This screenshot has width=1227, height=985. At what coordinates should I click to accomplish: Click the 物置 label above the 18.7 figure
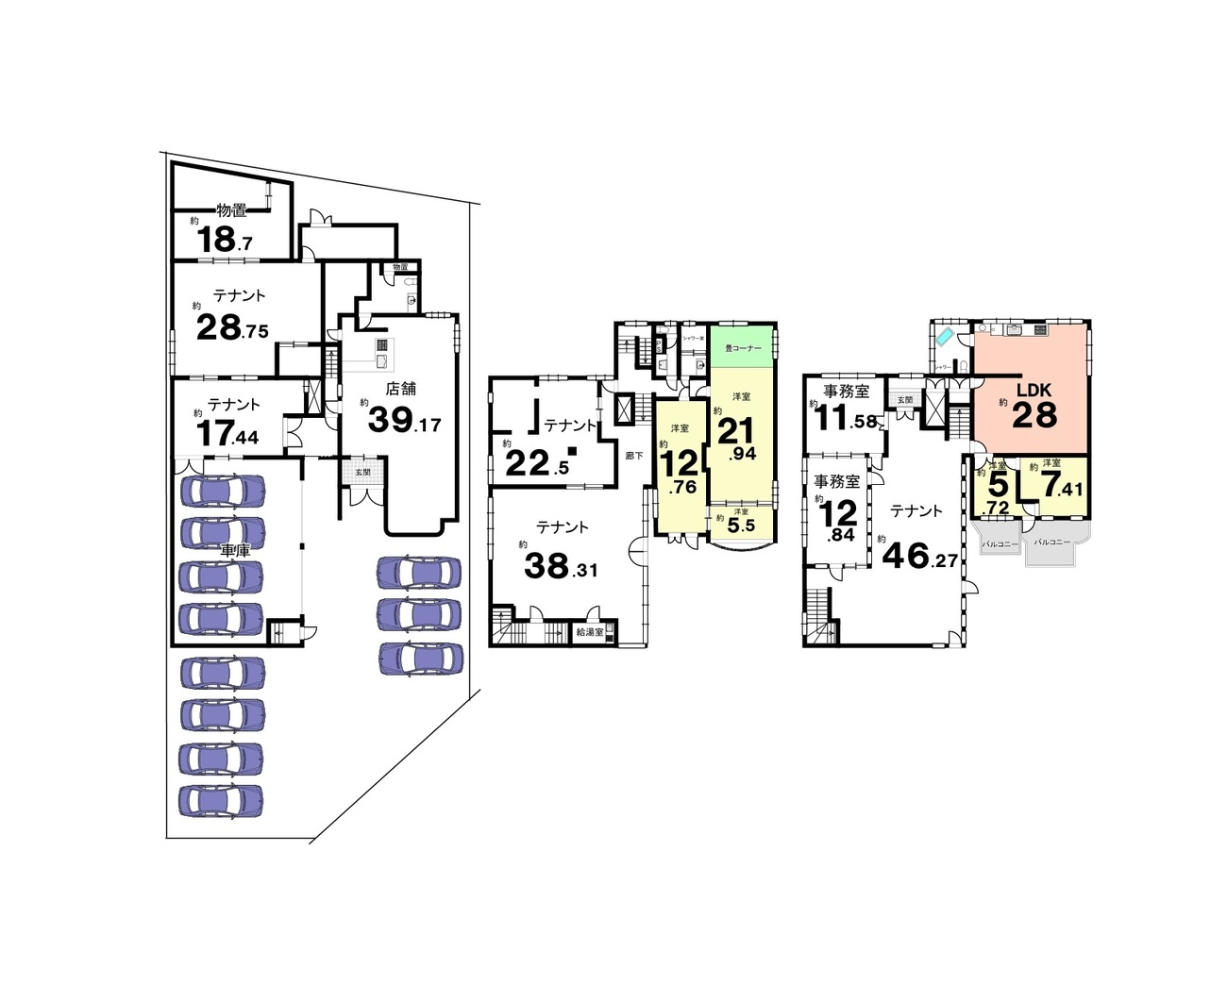[x=231, y=210]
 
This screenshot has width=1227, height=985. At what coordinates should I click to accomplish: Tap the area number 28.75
[x=232, y=327]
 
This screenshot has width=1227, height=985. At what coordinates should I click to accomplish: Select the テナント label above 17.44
[x=234, y=405]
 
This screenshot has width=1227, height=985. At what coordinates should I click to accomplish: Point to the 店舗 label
[x=401, y=388]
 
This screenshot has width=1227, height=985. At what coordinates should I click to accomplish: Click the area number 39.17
[x=404, y=420]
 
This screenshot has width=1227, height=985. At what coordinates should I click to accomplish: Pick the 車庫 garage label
[x=235, y=550]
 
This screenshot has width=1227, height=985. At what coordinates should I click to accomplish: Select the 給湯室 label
[x=590, y=632]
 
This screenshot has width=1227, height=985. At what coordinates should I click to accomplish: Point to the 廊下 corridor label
[x=634, y=456]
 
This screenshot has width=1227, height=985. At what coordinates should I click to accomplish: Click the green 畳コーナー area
[x=743, y=347]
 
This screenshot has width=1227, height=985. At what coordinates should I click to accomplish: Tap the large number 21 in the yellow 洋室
[x=736, y=431]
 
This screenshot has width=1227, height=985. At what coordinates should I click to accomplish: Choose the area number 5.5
[x=743, y=526]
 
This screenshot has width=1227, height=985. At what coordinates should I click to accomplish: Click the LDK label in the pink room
[x=1034, y=390]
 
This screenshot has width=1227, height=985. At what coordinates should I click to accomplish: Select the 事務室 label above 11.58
[x=847, y=392]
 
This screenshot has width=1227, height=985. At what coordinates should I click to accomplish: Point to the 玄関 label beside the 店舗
[x=362, y=472]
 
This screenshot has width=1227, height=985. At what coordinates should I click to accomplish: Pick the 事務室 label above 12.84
[x=837, y=482]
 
